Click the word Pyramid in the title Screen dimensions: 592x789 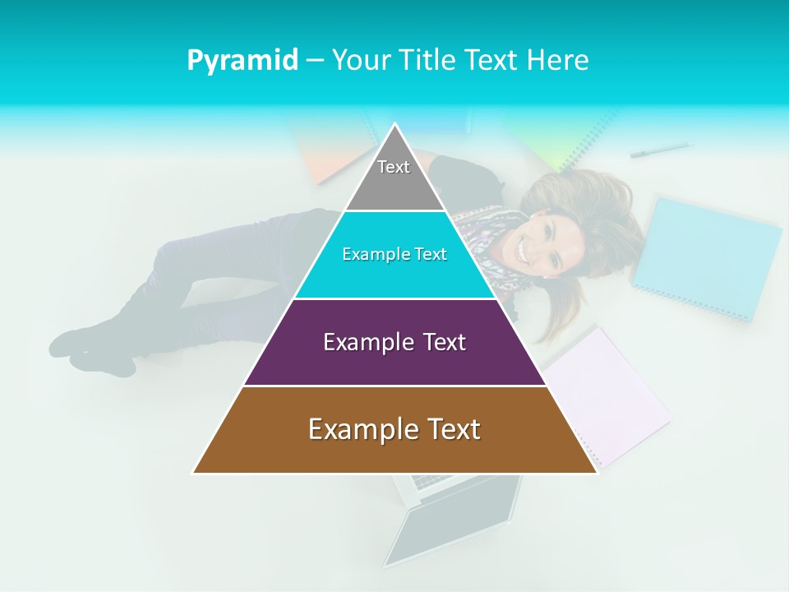(242, 60)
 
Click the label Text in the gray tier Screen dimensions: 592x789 (394, 167)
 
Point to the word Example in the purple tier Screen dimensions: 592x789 (362, 342)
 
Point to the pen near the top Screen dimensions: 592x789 (660, 150)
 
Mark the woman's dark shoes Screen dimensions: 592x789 (90, 349)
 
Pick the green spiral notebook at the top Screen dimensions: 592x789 (567, 136)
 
